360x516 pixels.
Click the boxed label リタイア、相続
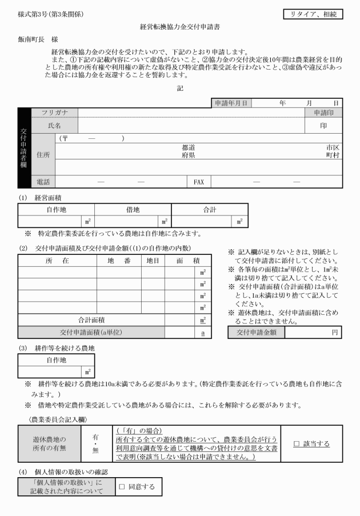[314, 13]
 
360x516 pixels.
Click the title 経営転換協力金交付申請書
[180, 26]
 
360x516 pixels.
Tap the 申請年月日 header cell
[232, 103]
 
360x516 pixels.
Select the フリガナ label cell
[54, 113]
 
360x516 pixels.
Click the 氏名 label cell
[54, 125]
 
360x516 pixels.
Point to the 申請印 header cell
[323, 113]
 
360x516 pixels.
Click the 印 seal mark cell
[323, 125]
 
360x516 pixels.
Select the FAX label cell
[198, 182]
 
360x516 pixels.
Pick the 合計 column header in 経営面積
[209, 210]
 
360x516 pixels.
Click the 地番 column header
[119, 261]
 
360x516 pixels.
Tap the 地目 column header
[153, 261]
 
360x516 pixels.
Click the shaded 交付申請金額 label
[256, 332]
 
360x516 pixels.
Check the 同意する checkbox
[122, 487]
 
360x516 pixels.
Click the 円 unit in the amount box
[335, 332]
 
